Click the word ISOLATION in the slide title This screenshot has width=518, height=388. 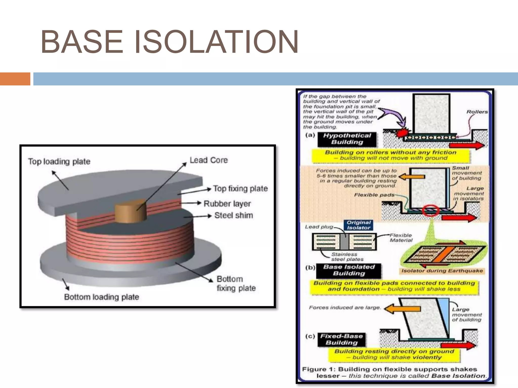(216, 42)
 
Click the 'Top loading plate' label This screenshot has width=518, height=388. (59, 161)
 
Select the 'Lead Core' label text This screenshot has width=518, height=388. (209, 160)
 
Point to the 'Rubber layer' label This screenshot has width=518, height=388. (227, 204)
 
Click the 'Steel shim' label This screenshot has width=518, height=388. (233, 215)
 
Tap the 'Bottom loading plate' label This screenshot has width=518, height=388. (101, 297)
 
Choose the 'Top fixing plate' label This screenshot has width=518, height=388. (240, 188)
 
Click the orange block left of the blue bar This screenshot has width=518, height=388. (15, 79)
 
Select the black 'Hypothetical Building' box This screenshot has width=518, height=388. (347, 139)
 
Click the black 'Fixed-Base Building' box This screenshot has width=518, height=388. (341, 339)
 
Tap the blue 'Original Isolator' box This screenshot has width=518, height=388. (358, 225)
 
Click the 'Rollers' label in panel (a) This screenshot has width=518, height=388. (477, 112)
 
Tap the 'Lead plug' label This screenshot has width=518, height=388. (319, 227)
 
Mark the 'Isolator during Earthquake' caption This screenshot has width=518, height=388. (442, 271)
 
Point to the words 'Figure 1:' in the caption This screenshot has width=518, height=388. (319, 369)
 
